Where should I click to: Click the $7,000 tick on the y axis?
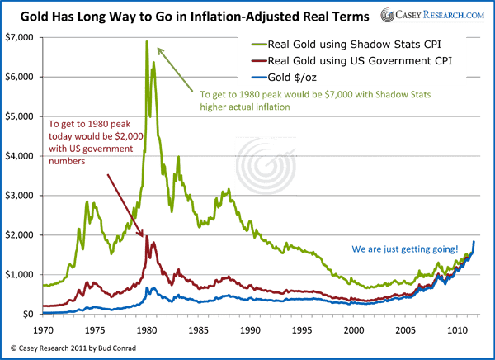(x=20, y=37)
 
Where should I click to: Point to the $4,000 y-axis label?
(x=20, y=156)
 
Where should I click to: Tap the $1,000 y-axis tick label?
(x=20, y=275)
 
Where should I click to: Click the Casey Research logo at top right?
(x=431, y=14)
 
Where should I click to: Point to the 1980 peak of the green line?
(x=147, y=42)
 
